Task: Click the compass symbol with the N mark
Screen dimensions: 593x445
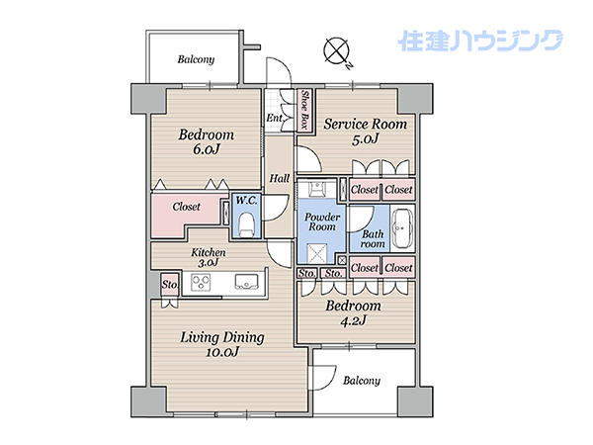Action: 336,50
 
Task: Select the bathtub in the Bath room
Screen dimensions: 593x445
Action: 401,228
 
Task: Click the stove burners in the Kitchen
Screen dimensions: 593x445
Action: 201,282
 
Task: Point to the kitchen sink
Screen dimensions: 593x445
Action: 246,282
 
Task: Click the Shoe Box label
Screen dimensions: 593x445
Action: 304,111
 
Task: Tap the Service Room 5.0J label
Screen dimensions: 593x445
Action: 365,132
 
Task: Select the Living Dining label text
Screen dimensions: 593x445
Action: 222,337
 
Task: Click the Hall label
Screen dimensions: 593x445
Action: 280,178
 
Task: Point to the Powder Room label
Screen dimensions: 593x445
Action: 322,222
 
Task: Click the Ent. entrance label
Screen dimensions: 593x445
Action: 275,118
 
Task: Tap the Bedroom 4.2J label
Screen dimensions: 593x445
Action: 353,312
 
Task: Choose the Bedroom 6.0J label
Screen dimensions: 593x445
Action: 207,141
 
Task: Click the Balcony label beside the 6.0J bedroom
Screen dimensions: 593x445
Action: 196,59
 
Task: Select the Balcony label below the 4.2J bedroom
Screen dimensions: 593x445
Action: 361,381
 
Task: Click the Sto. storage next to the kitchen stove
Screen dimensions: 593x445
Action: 169,284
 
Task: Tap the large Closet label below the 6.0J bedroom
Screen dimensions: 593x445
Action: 186,207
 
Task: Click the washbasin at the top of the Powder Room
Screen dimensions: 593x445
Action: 316,189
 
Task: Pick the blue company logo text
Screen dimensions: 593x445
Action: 480,41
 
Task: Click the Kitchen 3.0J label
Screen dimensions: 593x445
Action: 208,257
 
